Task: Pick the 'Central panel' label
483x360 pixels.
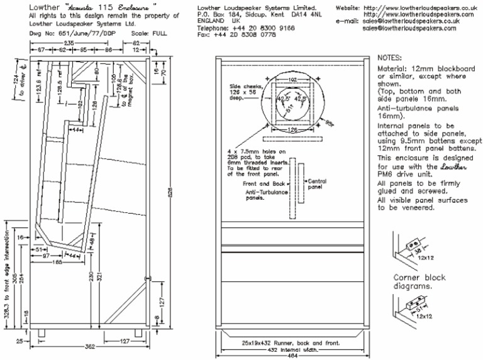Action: tap(315, 183)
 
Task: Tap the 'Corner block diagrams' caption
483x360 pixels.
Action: tap(419, 282)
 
